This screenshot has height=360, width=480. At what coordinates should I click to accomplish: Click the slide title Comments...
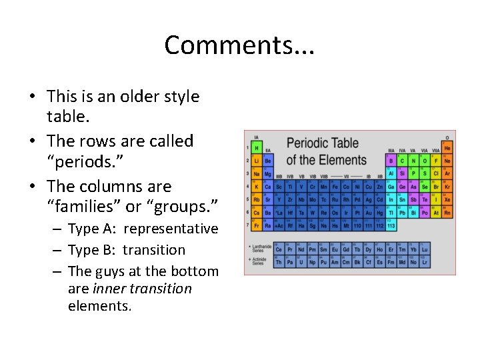click(x=239, y=45)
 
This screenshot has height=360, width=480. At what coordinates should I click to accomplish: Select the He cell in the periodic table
click(x=447, y=148)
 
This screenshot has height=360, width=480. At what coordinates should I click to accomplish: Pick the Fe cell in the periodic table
click(x=335, y=187)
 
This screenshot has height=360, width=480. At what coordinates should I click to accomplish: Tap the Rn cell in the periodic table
click(x=447, y=213)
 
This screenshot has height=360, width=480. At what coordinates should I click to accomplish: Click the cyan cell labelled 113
click(x=391, y=226)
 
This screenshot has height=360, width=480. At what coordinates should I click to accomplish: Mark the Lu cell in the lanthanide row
click(x=425, y=249)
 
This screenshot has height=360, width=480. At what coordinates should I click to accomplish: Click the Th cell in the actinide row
click(x=279, y=262)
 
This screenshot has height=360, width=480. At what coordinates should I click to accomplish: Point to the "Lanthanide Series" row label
click(x=258, y=249)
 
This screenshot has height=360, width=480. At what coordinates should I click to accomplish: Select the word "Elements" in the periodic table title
click(x=343, y=160)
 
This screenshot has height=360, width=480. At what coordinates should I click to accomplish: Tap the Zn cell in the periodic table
click(x=379, y=187)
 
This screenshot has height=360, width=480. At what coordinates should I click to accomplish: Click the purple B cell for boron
click(x=391, y=161)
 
